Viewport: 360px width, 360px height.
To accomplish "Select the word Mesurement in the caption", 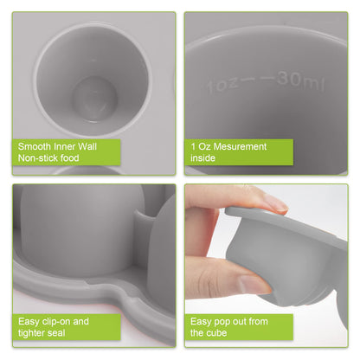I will (x=239, y=146).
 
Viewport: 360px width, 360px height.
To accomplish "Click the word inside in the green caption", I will (x=203, y=159).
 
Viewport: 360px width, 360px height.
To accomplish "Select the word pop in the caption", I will (x=222, y=320).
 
